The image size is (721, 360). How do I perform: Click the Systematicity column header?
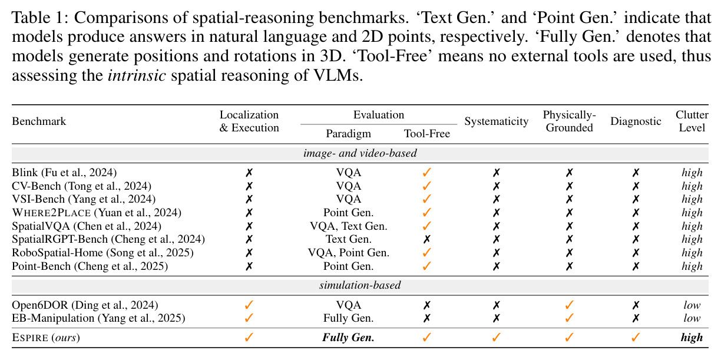point(497,121)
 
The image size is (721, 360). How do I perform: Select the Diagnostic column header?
point(636,121)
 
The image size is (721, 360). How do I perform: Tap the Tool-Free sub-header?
point(427,134)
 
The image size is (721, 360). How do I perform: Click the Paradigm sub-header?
point(348,134)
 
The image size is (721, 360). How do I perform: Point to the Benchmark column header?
point(39,121)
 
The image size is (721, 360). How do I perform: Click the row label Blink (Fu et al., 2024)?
point(64,173)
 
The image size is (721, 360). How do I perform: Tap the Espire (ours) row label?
point(46,338)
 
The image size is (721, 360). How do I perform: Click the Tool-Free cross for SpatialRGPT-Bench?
point(427,239)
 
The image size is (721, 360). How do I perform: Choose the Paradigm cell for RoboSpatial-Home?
point(349,253)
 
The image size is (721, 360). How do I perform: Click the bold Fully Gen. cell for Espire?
point(348,338)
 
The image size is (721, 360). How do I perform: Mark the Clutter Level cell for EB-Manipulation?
point(692,318)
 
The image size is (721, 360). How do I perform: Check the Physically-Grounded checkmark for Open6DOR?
point(570,305)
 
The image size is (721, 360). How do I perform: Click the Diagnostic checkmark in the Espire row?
point(636,337)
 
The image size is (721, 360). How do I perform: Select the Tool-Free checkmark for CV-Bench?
point(427,186)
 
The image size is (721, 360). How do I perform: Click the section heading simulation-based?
point(360,285)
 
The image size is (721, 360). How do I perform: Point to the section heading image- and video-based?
point(360,153)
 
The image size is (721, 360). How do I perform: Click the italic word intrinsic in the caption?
point(137,75)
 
